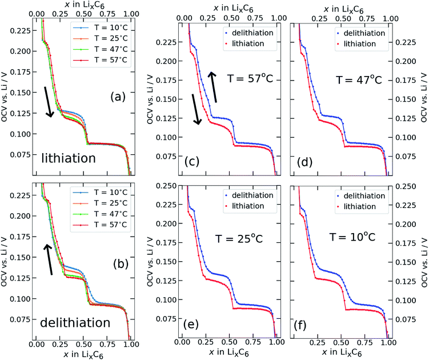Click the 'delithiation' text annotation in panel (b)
[x=75, y=323]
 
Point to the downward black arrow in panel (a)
[x=50, y=102]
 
